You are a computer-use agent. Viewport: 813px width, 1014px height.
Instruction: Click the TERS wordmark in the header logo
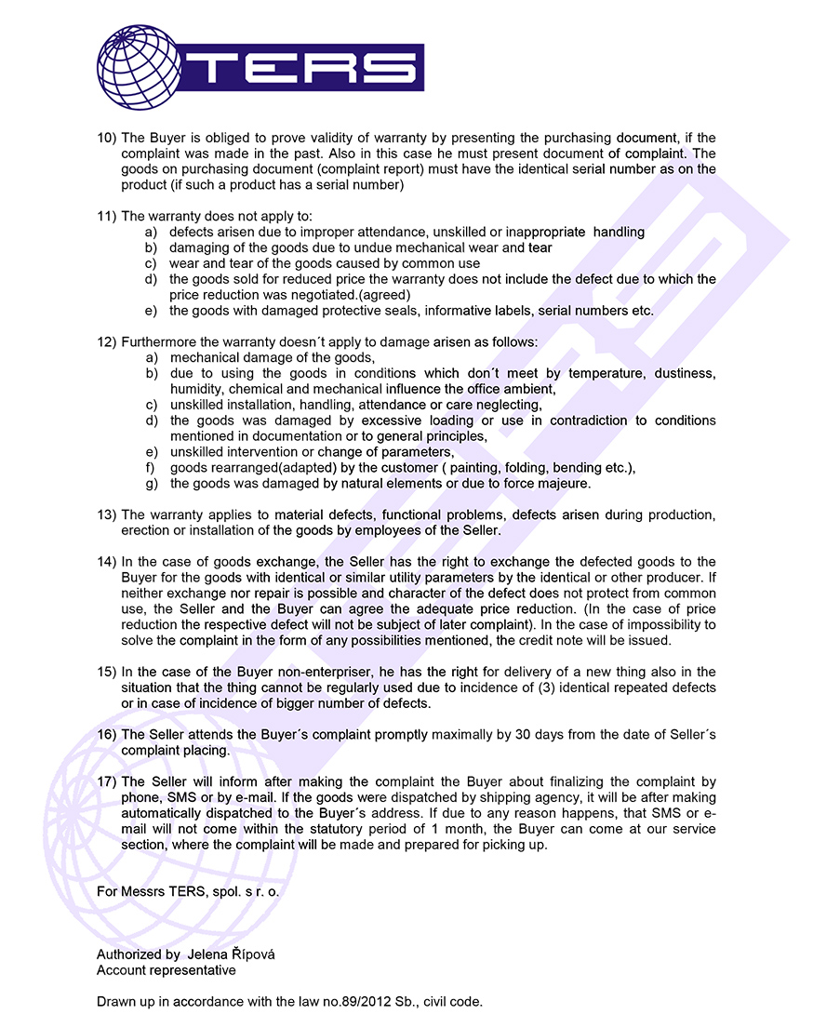(x=309, y=67)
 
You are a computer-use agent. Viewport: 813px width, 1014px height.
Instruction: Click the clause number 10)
(x=107, y=138)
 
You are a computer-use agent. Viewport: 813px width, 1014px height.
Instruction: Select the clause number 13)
(x=107, y=514)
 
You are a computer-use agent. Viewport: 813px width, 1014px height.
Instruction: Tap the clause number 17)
(x=107, y=781)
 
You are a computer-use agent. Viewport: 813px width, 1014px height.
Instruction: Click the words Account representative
(x=167, y=970)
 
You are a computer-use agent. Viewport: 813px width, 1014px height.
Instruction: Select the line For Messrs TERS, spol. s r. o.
(x=188, y=891)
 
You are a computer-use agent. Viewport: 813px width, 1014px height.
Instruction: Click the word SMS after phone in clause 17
(x=182, y=797)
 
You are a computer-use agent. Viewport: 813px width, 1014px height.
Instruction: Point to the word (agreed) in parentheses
(x=385, y=295)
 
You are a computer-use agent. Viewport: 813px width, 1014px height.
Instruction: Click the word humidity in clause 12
(x=197, y=389)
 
